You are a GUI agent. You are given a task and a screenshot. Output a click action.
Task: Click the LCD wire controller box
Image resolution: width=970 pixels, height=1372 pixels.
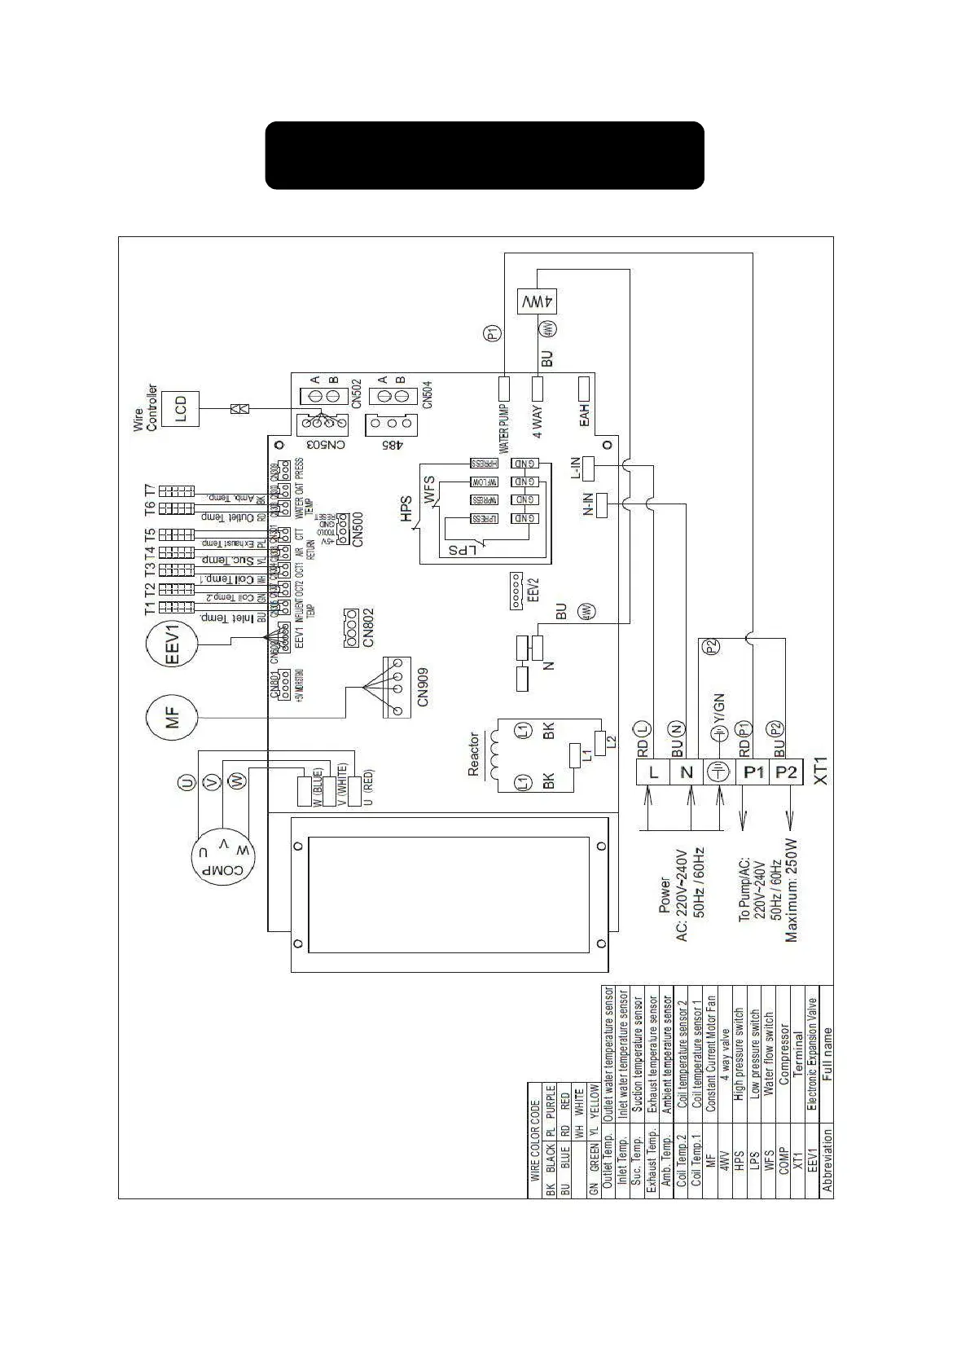(x=181, y=409)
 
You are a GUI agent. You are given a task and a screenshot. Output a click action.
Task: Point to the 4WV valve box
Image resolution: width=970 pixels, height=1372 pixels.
(x=538, y=301)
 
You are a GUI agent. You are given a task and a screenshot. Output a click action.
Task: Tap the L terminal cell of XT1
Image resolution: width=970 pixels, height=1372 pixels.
(x=653, y=772)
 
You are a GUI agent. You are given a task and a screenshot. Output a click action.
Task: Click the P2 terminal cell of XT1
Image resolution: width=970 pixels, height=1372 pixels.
(x=787, y=772)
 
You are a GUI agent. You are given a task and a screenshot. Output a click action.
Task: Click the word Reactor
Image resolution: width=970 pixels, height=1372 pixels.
(x=474, y=754)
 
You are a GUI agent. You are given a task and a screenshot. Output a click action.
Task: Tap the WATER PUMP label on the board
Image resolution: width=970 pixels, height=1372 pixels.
(x=504, y=429)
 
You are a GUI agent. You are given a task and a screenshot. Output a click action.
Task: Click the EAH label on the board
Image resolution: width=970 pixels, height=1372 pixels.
(x=584, y=417)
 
